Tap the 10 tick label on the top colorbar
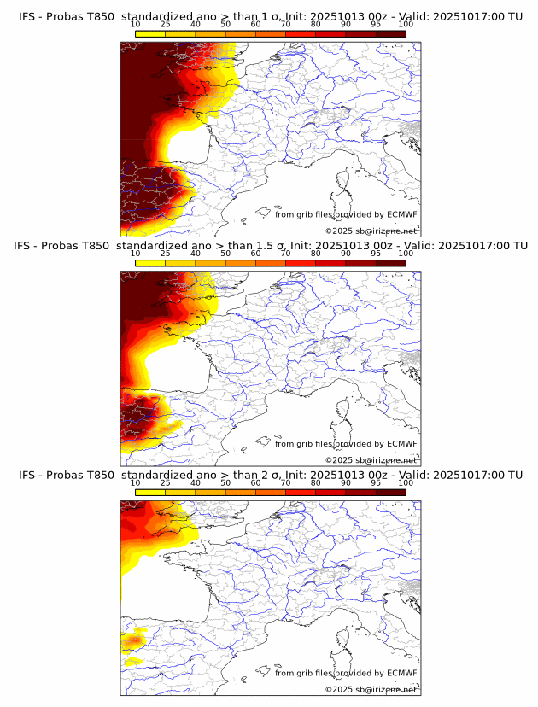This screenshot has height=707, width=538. (135, 25)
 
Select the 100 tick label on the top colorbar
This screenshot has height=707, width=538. (405, 25)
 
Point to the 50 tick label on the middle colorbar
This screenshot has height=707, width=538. (225, 254)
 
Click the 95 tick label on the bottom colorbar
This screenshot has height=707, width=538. (376, 483)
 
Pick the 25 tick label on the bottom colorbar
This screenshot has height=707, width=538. (165, 483)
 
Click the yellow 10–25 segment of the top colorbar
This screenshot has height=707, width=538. (150, 33)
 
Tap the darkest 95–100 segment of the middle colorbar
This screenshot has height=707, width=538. (391, 262)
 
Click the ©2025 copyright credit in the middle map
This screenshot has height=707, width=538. (371, 459)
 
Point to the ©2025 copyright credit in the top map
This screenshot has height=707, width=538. (371, 231)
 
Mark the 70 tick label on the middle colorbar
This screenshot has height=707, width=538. (285, 254)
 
